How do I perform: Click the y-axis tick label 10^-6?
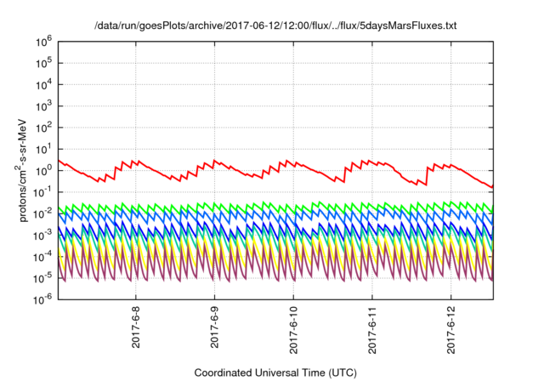[42, 299]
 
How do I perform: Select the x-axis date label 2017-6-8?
[137, 327]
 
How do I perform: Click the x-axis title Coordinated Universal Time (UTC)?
[275, 372]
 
